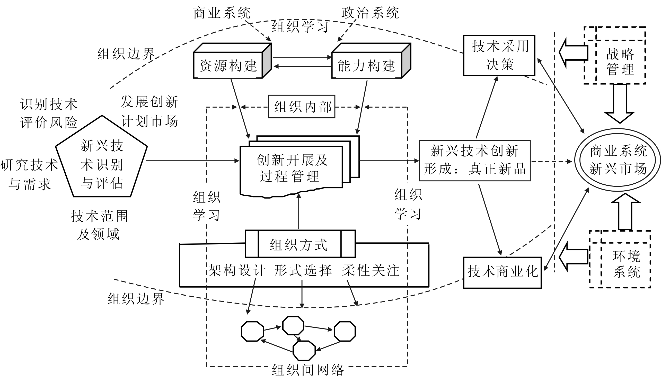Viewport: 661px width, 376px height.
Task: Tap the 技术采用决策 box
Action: tap(499, 55)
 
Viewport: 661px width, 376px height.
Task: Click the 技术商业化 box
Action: tap(502, 272)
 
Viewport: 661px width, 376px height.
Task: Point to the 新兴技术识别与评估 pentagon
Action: tap(101, 163)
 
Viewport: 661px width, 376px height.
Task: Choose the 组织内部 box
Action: tap(302, 107)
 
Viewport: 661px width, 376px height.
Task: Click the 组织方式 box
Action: tap(299, 244)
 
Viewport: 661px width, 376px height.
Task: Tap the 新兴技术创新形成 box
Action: tap(474, 160)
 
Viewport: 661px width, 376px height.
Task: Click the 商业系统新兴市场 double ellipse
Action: tap(618, 160)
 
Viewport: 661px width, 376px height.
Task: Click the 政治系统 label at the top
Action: tap(370, 13)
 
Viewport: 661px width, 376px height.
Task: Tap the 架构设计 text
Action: tap(236, 271)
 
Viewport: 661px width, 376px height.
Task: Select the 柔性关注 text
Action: tap(371, 271)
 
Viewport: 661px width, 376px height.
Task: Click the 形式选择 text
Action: tap(303, 271)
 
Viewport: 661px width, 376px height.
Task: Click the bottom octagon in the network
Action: tap(304, 350)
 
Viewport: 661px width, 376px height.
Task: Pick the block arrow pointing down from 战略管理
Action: tap(620, 103)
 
